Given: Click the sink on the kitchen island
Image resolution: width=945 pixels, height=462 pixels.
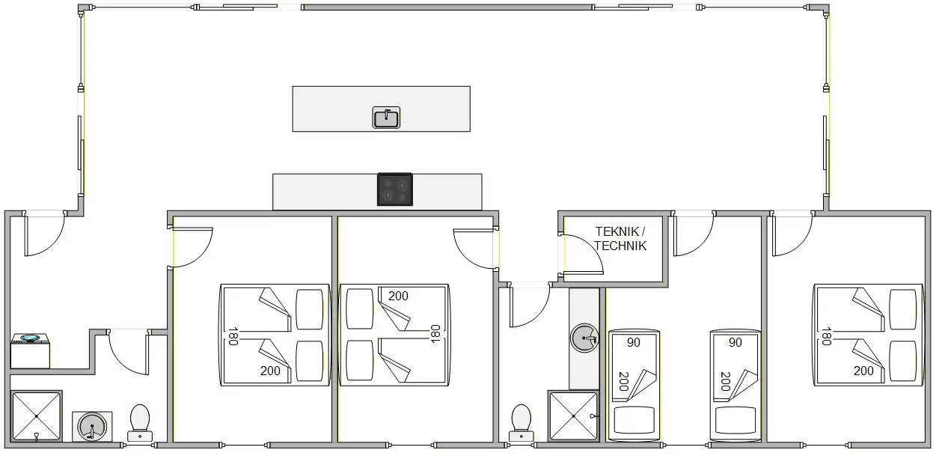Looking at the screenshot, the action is (386, 117).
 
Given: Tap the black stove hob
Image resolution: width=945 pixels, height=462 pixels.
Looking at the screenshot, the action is (395, 189).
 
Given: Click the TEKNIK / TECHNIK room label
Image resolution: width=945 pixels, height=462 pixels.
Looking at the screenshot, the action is (620, 239).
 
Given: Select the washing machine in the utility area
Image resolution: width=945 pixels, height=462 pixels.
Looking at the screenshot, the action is (30, 350).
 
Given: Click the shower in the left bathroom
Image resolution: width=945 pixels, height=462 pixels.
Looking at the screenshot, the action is (36, 416).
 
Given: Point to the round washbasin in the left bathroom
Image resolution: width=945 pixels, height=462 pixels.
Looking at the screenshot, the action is (92, 427).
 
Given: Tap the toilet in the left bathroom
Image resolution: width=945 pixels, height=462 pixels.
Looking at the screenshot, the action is (140, 423).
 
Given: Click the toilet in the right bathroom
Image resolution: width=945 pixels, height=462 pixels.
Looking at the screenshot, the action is (522, 423).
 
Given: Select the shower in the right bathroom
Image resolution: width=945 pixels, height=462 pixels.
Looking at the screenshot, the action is (574, 416).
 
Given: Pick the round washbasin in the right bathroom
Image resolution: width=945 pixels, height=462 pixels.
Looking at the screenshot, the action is (584, 338).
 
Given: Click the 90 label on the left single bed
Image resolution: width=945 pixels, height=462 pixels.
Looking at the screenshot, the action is (633, 342).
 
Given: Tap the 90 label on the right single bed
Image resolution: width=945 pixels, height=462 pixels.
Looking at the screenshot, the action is (735, 342).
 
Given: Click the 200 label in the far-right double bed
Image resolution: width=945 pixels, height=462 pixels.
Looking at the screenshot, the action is (863, 371).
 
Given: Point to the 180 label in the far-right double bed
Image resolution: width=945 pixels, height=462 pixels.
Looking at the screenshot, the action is (826, 336).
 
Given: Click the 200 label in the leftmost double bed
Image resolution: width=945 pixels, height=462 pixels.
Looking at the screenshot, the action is (270, 371).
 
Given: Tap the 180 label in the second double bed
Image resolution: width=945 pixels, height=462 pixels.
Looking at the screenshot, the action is (435, 334).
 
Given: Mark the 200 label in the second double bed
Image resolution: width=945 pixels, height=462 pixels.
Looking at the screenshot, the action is (398, 296).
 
